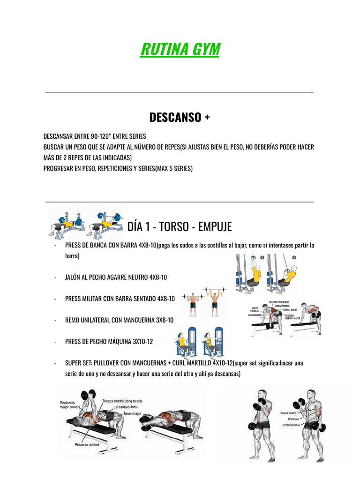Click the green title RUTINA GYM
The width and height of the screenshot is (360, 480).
coord(180,49)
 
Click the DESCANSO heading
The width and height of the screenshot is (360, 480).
coord(180,117)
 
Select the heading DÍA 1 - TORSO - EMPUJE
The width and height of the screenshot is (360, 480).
coord(180,227)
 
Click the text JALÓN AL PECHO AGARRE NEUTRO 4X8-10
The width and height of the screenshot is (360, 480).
coord(116,277)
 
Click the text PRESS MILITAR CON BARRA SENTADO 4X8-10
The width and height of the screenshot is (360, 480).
coord(120,299)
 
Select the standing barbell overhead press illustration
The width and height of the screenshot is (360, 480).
coord(203,302)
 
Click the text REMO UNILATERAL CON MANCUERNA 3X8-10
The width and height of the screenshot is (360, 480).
coord(119,320)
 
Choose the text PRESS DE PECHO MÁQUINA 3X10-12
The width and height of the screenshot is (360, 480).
coord(109,342)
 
